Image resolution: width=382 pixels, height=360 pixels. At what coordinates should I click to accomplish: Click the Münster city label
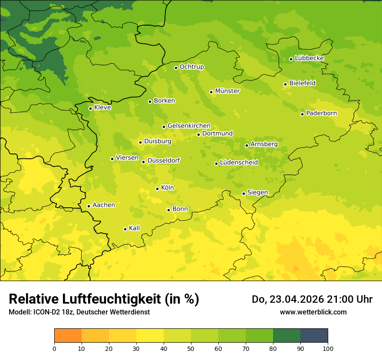(x=227, y=91)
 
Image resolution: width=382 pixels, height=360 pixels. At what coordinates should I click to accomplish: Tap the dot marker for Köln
(x=157, y=189)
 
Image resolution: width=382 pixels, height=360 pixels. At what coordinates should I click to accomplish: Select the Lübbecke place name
(x=309, y=58)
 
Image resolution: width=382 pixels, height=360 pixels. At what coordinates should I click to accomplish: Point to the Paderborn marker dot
(x=302, y=114)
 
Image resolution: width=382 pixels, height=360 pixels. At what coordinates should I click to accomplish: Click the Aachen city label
(x=104, y=205)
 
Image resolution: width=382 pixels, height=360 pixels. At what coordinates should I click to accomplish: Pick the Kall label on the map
(x=135, y=228)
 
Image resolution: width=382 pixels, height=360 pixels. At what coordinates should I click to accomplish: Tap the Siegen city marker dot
(x=244, y=193)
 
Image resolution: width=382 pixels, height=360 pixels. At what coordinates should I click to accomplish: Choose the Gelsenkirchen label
(x=189, y=126)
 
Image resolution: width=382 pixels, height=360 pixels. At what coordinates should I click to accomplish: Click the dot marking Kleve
(x=90, y=108)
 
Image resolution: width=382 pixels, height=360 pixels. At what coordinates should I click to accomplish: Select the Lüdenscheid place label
(x=239, y=163)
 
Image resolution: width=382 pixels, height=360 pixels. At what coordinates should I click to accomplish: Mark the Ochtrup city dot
(x=176, y=67)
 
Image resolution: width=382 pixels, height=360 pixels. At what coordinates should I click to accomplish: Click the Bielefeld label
(x=302, y=83)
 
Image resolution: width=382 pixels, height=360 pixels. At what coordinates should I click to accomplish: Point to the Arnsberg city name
(x=264, y=144)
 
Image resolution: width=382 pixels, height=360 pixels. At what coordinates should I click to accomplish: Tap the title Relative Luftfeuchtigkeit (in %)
(x=104, y=299)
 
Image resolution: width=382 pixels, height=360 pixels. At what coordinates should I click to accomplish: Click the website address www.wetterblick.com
(x=313, y=312)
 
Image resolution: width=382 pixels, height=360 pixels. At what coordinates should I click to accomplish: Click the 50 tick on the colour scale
(x=191, y=348)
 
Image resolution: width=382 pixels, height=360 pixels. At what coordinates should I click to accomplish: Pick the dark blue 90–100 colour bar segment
(x=314, y=336)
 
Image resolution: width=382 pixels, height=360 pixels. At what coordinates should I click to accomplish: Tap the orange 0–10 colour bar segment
(x=68, y=336)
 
